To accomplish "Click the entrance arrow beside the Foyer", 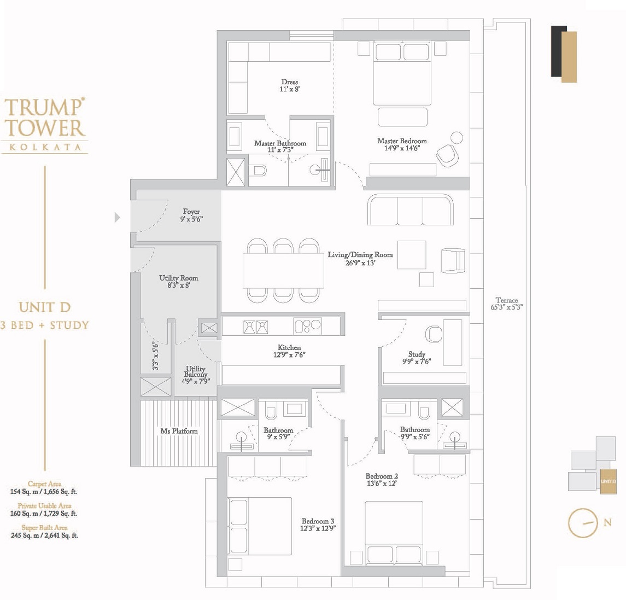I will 117,218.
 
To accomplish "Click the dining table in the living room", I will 283,271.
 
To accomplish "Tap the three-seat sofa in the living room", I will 411,210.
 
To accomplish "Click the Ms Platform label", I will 179,431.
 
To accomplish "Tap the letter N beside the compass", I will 607,522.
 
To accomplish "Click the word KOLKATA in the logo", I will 44,147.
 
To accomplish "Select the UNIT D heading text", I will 44,307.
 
